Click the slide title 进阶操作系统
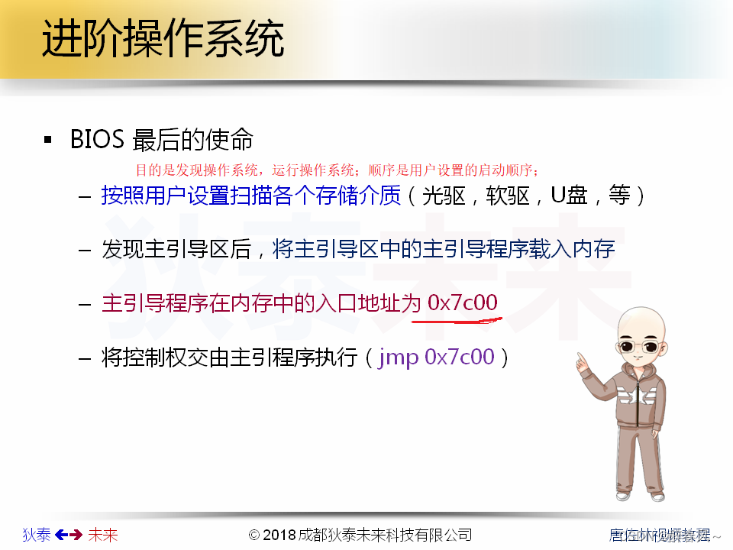pyautogui.click(x=163, y=38)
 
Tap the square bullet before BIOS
pyautogui.click(x=48, y=141)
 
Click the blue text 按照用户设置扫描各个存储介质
pyautogui.click(x=251, y=196)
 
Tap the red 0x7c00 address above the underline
pyautogui.click(x=463, y=303)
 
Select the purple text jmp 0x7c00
pyautogui.click(x=436, y=357)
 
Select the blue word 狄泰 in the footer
pyautogui.click(x=37, y=535)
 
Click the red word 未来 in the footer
pyautogui.click(x=103, y=535)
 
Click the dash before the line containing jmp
pyautogui.click(x=85, y=357)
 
